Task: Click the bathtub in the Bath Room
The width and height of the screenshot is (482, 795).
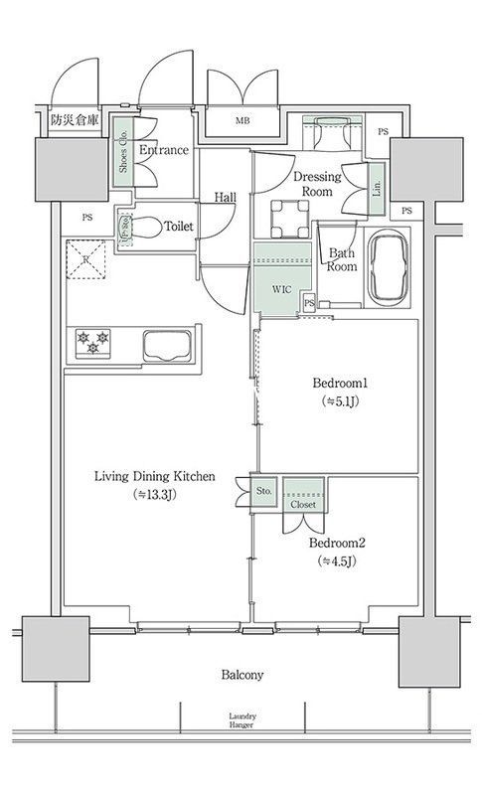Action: [x=388, y=269]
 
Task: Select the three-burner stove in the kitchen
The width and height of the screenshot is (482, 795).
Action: [x=92, y=344]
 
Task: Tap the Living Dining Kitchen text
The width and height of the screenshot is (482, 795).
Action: [x=154, y=477]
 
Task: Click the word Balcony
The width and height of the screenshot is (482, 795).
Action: [x=241, y=675]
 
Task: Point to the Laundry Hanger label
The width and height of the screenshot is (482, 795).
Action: [x=241, y=719]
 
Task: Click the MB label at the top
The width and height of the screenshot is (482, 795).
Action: [x=241, y=121]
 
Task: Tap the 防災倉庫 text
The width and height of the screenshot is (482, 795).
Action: [x=74, y=120]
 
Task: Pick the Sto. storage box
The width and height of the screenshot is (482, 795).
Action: [x=264, y=491]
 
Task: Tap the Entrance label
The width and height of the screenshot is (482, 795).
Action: [x=164, y=150]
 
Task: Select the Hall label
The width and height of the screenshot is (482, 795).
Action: [x=225, y=198]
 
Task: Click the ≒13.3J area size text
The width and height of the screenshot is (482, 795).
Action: [x=154, y=495]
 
